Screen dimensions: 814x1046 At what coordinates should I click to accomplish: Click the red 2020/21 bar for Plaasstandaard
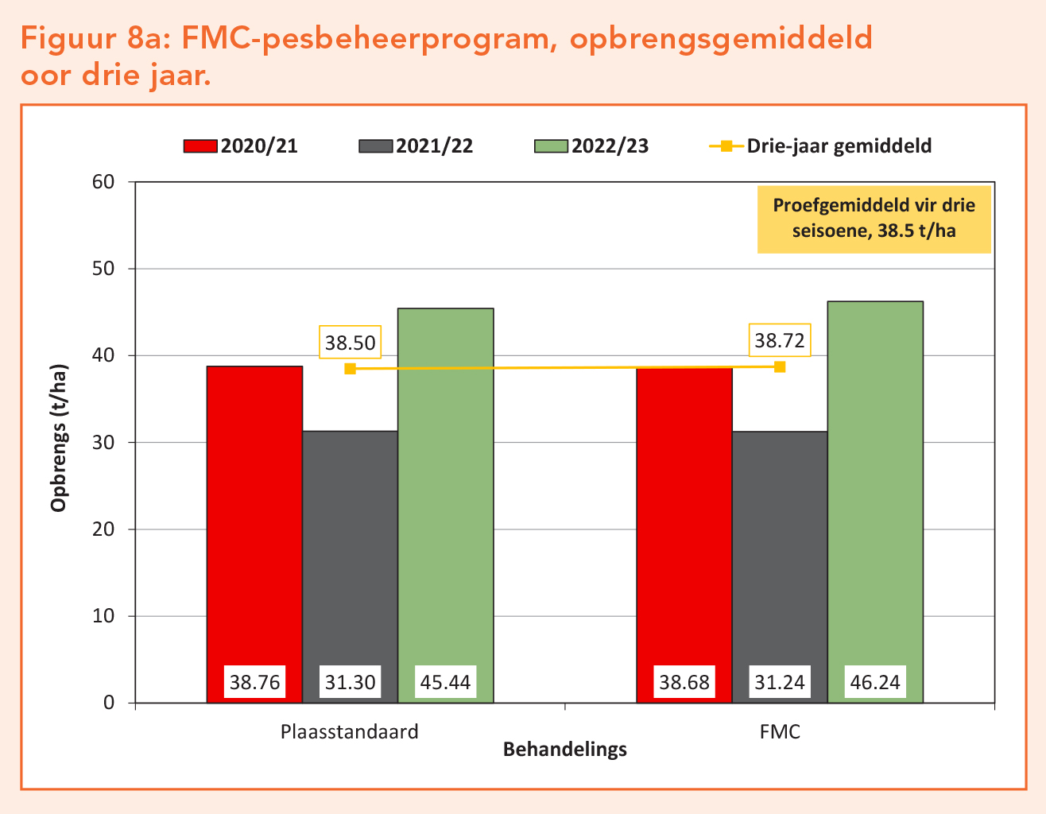(254, 517)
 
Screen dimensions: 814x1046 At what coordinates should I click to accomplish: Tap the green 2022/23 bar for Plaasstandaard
(445, 493)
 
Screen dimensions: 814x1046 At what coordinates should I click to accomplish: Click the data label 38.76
(255, 682)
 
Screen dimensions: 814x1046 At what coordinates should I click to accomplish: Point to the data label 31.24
(780, 682)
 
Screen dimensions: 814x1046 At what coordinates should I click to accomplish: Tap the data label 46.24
(875, 682)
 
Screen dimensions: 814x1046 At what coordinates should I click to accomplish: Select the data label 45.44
(445, 682)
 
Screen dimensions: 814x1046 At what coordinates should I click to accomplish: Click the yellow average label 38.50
(350, 343)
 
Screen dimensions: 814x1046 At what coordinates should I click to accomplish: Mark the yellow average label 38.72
(780, 341)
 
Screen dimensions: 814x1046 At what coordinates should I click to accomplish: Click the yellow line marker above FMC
(780, 366)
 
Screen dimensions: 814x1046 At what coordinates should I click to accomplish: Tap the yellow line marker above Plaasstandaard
(350, 369)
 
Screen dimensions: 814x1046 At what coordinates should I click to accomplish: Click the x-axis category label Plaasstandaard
(350, 731)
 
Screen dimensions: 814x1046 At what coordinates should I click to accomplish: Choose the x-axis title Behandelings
(565, 750)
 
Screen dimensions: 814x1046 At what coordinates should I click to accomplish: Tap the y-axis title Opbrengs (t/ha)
(59, 438)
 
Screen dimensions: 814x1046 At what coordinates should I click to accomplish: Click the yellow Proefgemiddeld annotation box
(874, 219)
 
